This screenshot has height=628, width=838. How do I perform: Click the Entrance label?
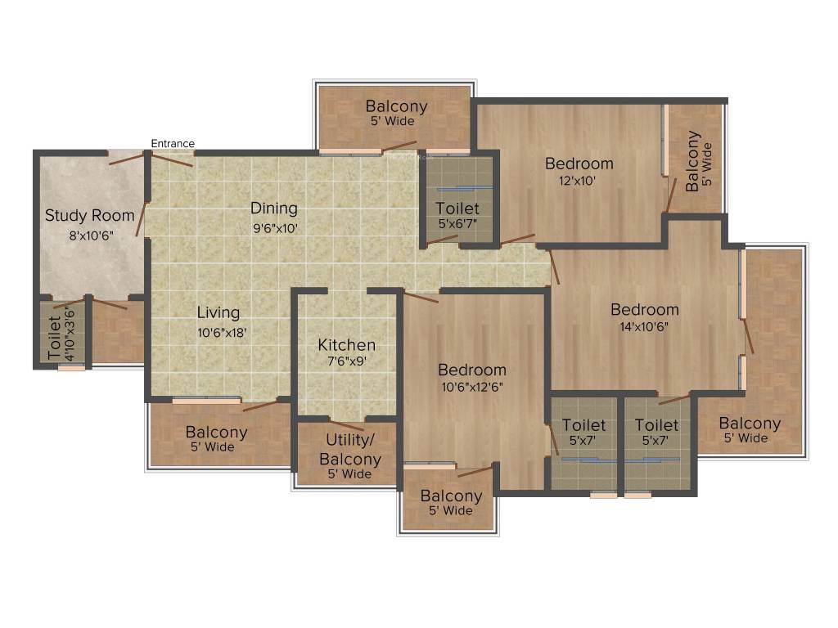tap(173, 144)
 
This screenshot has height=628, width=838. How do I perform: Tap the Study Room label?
tap(89, 216)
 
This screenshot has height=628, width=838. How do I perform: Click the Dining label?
tap(273, 208)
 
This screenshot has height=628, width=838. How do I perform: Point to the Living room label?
tap(218, 312)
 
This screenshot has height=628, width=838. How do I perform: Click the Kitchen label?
tap(346, 345)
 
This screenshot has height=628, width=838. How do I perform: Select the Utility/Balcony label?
tap(349, 449)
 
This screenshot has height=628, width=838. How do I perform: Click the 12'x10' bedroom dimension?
tap(579, 182)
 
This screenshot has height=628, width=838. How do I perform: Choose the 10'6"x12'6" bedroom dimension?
tap(471, 388)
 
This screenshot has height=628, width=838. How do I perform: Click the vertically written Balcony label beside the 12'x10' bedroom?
tap(692, 160)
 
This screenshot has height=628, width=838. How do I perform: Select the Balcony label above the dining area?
tap(396, 105)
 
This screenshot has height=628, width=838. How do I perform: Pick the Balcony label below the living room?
tap(216, 432)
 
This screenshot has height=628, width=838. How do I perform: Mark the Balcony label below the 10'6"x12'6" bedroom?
tap(451, 496)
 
